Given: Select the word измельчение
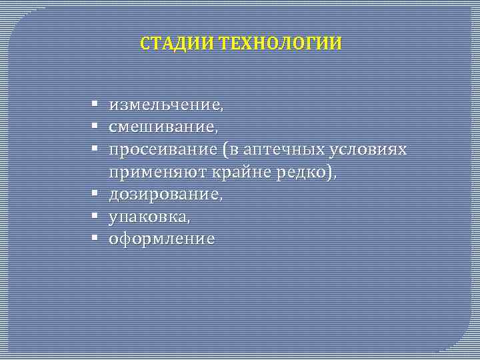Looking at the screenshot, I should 165,105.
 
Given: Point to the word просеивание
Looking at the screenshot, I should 164,149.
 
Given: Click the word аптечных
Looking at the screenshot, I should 283,149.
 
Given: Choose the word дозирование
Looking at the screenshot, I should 165,194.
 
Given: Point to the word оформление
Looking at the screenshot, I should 162,239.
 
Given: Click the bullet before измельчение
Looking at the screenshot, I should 96,105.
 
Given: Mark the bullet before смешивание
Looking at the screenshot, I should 96,127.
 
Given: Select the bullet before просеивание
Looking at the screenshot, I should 96,149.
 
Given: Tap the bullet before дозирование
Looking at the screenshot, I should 96,194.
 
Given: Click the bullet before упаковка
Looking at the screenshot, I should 96,217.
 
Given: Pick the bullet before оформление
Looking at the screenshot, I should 96,239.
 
